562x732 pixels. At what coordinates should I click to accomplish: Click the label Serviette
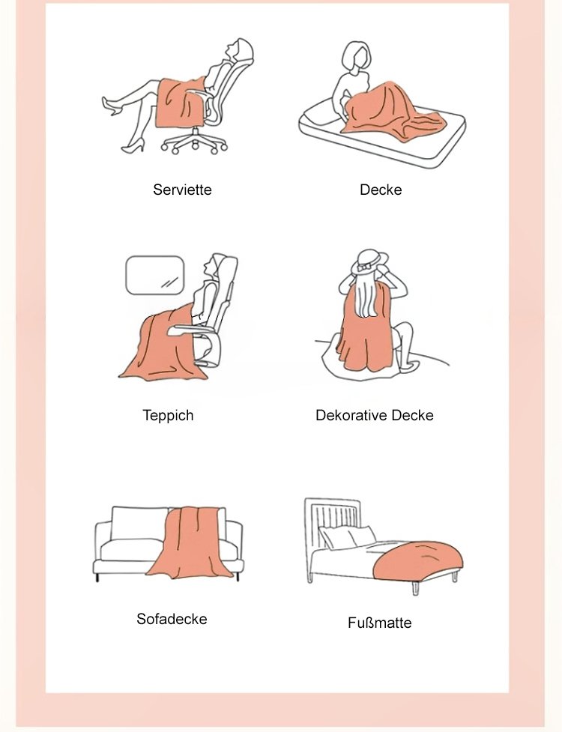[182, 190]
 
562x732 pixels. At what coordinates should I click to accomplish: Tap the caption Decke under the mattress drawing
[381, 190]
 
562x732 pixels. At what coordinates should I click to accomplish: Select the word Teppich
[168, 415]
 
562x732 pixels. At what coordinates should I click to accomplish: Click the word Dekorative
[351, 415]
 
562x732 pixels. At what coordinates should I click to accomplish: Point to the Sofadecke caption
[172, 619]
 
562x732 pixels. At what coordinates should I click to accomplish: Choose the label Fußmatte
[379, 623]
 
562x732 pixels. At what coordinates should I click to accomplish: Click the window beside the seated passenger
[155, 276]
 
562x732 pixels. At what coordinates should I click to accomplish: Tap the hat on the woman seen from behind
[369, 261]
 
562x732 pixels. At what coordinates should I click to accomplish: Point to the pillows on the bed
[346, 537]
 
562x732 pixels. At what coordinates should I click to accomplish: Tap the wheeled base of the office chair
[195, 142]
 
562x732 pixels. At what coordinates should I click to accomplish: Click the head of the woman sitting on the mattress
[355, 55]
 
